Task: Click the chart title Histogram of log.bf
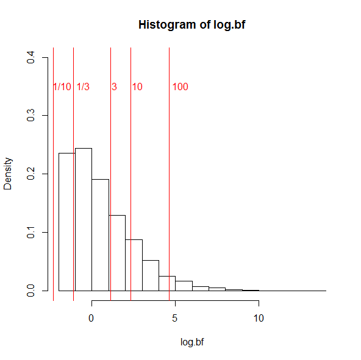[192, 25]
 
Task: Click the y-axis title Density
[8, 174]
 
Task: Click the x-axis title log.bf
[192, 342]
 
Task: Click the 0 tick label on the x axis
[91, 318]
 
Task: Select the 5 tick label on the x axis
[175, 318]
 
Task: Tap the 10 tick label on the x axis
[259, 318]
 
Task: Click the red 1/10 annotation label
[62, 87]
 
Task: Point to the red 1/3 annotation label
[83, 87]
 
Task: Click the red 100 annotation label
[180, 87]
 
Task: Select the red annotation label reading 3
[114, 87]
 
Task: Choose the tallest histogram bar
[84, 219]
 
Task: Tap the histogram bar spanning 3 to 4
[150, 275]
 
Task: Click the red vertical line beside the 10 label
[130, 183]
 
